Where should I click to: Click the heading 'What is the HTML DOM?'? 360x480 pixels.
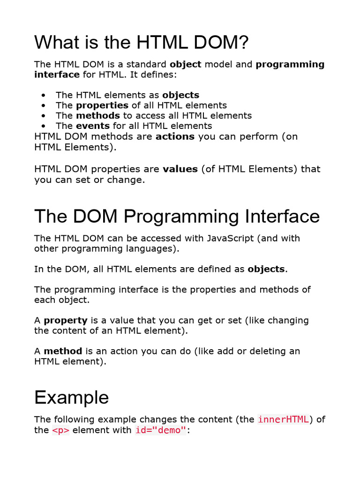[x=142, y=43]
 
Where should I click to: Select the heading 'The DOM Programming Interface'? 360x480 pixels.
[x=177, y=216]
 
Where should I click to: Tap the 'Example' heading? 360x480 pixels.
[x=71, y=397]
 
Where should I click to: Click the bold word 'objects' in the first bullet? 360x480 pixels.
[x=180, y=95]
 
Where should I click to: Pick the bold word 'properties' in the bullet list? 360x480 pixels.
[x=102, y=105]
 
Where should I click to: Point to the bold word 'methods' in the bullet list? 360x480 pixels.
[x=98, y=115]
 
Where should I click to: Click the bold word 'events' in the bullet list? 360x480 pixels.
[x=93, y=126]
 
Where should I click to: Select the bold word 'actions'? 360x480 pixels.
[x=175, y=136]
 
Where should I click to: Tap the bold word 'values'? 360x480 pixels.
[x=180, y=169]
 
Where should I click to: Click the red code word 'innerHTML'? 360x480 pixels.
[x=283, y=420]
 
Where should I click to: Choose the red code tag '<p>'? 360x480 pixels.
[x=60, y=430]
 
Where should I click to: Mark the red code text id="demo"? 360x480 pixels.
[x=161, y=430]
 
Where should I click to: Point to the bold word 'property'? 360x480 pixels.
[x=66, y=321]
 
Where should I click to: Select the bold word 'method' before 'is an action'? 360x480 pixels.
[x=63, y=351]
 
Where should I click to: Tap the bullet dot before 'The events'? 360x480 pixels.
[x=44, y=126]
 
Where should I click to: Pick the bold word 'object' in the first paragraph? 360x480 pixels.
[x=186, y=64]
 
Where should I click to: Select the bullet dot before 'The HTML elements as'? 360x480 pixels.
[x=44, y=96]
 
